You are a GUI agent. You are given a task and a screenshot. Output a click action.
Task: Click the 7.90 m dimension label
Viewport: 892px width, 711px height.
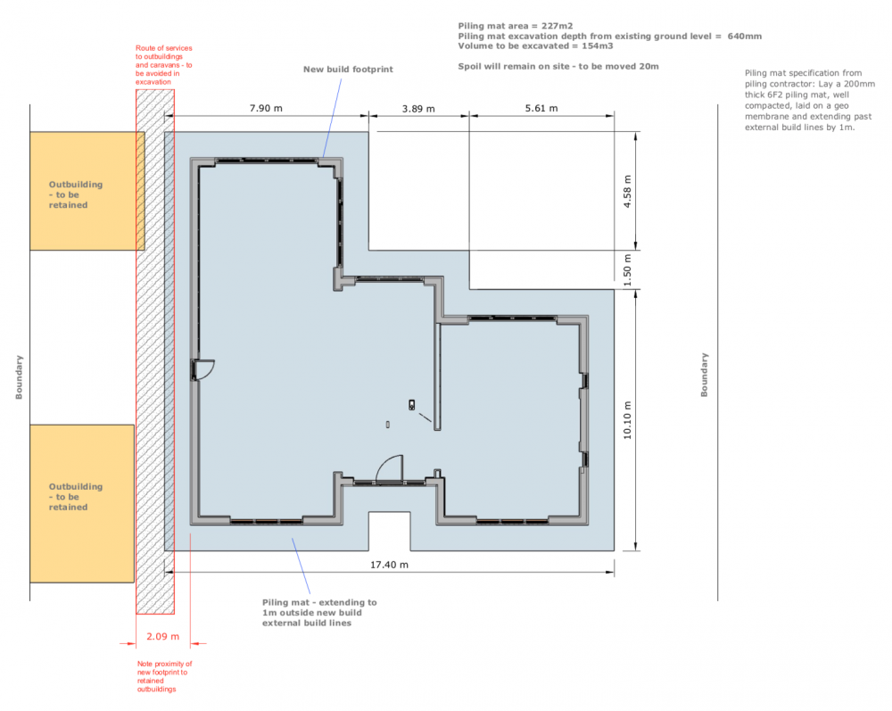pos(266,108)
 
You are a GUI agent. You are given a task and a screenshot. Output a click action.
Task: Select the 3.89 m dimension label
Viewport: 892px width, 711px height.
pos(418,109)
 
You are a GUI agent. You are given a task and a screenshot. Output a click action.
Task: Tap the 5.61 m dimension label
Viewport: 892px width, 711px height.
pos(541,108)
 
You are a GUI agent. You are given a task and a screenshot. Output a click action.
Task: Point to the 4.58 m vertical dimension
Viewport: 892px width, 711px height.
pos(627,191)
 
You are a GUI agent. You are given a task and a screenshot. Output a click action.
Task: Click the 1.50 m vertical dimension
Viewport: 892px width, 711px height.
pos(627,269)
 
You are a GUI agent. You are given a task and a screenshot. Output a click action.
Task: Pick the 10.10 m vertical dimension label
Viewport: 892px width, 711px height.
pos(627,420)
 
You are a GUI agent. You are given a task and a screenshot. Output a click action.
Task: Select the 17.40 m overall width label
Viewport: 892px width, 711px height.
pos(389,565)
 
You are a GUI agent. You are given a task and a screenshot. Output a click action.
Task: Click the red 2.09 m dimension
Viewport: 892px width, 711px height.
pos(162,636)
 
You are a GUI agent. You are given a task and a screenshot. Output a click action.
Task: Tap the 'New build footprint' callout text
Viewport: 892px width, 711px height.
pos(348,70)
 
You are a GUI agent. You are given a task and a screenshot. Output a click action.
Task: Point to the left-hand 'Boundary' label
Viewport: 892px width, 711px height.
pos(19,377)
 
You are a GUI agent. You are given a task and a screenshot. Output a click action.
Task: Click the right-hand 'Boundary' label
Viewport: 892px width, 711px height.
pos(705,375)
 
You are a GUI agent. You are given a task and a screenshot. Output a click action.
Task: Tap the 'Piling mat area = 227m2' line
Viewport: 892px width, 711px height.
pos(516,26)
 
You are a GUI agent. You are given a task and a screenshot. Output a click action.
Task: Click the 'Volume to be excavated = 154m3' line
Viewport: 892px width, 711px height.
pos(535,46)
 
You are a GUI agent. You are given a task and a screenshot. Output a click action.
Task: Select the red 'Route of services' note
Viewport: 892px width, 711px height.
pos(164,65)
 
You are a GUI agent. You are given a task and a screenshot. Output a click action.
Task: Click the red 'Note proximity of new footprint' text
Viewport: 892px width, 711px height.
pos(164,676)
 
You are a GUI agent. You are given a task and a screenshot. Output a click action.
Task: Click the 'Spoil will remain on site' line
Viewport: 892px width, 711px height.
pos(558,67)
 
